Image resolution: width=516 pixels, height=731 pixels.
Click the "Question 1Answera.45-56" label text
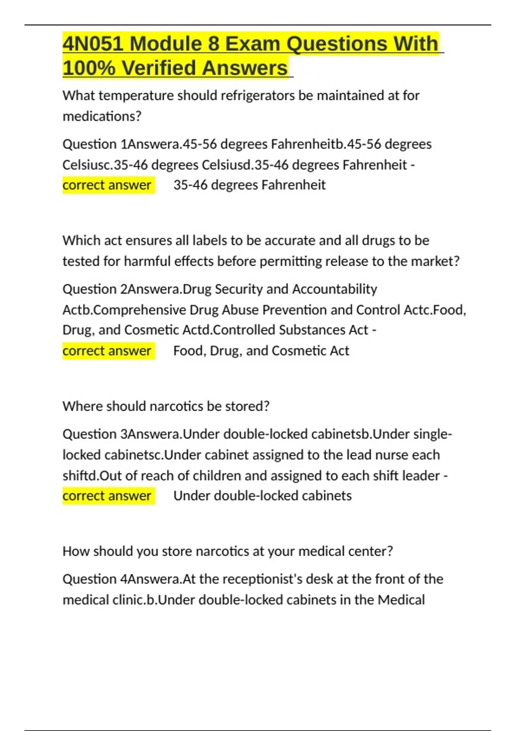[x=139, y=144]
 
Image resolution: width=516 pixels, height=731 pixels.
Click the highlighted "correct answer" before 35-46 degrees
[x=107, y=185]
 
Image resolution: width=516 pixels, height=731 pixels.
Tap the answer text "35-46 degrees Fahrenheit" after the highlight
[x=249, y=185]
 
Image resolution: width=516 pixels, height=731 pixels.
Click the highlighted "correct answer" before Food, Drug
[x=107, y=351]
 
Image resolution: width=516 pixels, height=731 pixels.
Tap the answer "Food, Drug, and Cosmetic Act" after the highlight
[x=261, y=351]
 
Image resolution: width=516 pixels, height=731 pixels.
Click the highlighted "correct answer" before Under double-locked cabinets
[x=107, y=496]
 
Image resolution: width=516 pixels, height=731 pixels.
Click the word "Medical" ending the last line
[x=401, y=600]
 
